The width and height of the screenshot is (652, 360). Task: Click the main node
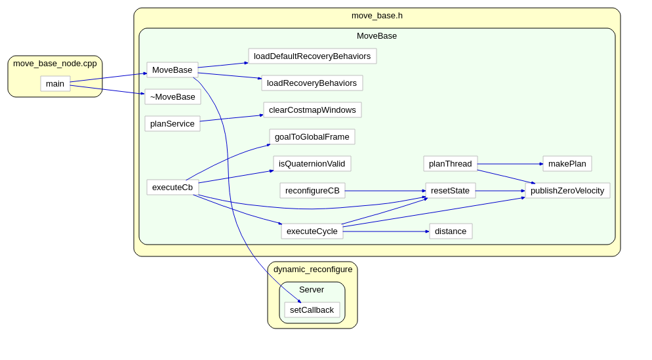click(55, 83)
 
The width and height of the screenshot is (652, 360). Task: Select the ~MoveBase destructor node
click(173, 96)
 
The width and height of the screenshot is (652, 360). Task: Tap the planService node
click(172, 123)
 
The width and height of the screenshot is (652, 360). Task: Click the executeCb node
click(173, 187)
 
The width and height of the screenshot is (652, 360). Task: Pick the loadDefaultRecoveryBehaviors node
click(312, 56)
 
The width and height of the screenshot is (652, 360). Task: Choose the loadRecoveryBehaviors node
click(312, 83)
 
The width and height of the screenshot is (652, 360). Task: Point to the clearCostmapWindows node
click(312, 110)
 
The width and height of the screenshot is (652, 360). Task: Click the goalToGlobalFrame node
click(312, 136)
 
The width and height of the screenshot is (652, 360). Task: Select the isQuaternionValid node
click(312, 163)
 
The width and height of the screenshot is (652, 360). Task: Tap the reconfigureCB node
click(312, 190)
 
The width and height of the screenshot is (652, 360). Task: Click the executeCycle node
click(312, 231)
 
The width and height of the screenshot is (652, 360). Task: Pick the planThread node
click(450, 163)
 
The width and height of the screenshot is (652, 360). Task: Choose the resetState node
click(450, 190)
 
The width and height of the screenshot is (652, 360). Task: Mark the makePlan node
click(567, 163)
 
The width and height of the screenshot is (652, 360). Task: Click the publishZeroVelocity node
click(567, 190)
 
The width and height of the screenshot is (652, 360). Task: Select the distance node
click(451, 231)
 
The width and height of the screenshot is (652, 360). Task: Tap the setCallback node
click(312, 310)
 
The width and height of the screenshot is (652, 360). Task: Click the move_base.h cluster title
click(377, 16)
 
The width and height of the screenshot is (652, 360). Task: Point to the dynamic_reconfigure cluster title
click(312, 269)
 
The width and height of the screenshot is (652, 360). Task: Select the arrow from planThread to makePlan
click(510, 164)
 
